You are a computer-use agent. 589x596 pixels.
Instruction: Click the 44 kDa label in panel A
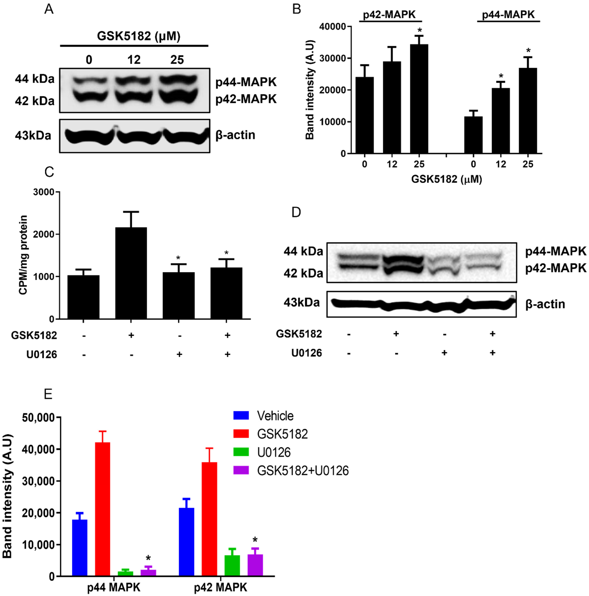[35, 79]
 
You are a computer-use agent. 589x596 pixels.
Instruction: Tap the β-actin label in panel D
[545, 304]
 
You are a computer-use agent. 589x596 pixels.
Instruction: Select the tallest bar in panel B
[419, 99]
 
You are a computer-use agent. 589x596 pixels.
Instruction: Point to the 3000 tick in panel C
[43, 192]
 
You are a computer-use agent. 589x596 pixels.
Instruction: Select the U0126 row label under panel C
[42, 354]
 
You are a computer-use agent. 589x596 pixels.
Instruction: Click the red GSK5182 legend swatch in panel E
[241, 434]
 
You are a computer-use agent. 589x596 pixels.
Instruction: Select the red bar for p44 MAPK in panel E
[102, 509]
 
